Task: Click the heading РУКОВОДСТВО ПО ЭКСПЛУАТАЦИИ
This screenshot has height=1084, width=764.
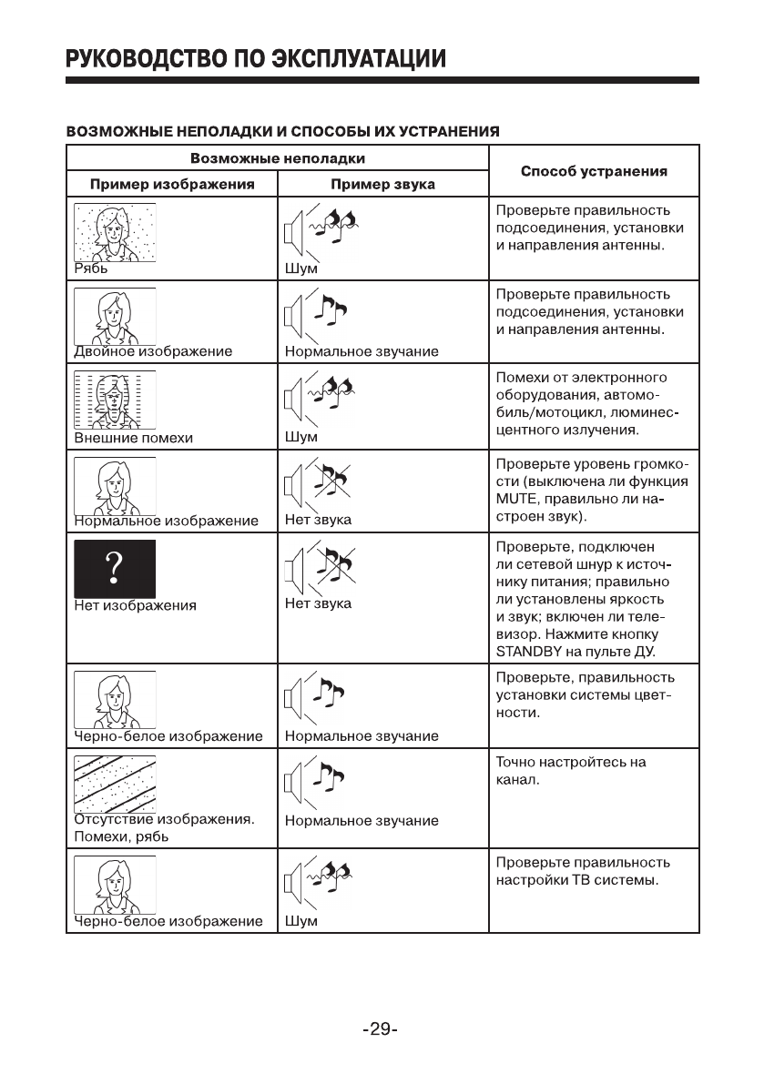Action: tap(255, 60)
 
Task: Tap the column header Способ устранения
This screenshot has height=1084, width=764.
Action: tap(594, 171)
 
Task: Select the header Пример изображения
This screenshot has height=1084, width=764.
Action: tap(171, 184)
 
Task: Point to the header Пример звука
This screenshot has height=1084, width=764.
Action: tap(382, 184)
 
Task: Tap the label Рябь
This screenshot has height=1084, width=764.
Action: tap(91, 268)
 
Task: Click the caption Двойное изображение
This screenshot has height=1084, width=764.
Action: tap(153, 351)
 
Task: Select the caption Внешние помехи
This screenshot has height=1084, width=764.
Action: tap(134, 437)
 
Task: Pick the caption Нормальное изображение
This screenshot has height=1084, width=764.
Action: tap(166, 522)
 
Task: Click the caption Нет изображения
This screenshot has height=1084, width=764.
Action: tap(136, 603)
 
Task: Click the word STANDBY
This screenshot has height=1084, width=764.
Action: tap(530, 652)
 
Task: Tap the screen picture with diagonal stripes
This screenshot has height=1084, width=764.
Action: tap(115, 783)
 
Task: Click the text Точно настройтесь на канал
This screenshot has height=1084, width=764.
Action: tap(570, 771)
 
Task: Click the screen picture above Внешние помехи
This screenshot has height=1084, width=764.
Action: tap(115, 400)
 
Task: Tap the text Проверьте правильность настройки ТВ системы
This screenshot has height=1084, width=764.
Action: tap(583, 872)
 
